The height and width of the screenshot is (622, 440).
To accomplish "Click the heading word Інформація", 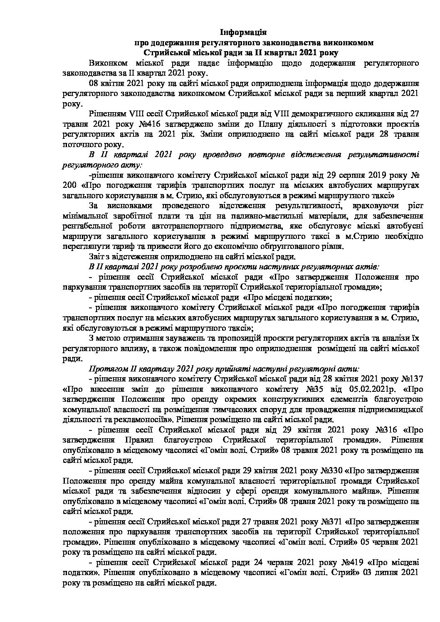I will (243, 32).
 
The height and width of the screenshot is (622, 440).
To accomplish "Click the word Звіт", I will (96, 256).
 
